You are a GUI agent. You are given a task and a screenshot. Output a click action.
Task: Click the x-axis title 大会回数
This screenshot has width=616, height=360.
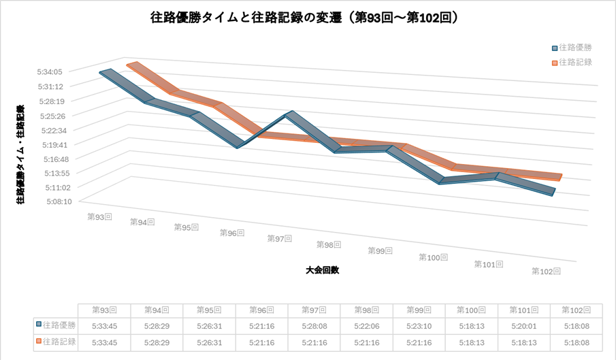click(323, 269)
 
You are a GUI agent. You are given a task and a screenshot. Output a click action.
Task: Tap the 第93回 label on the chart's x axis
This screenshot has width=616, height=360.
click(99, 216)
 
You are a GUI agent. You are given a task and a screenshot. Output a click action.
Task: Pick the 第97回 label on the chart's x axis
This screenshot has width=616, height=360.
click(279, 238)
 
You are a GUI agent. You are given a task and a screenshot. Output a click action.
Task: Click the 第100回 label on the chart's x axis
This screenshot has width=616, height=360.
click(433, 257)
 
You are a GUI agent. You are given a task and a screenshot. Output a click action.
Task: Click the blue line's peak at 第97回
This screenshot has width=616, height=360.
click(291, 114)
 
